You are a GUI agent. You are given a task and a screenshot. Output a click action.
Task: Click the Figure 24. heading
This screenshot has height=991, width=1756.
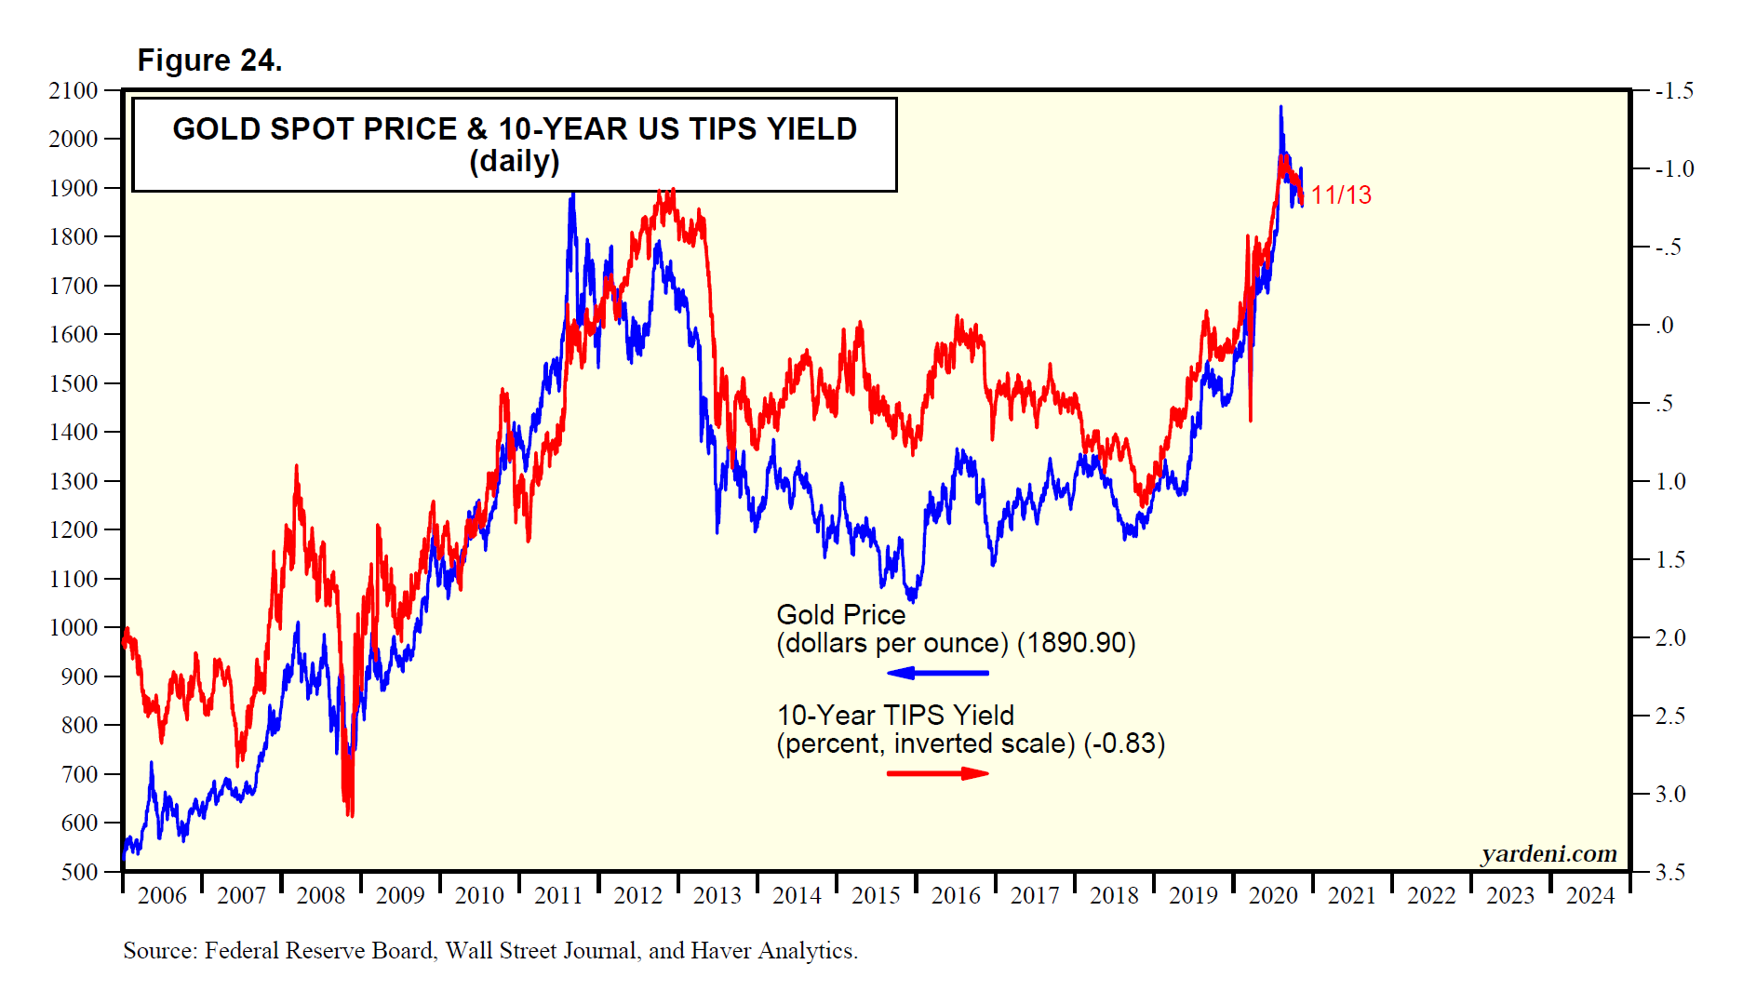click(209, 60)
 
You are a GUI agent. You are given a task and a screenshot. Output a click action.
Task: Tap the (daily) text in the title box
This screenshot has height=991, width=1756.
click(515, 162)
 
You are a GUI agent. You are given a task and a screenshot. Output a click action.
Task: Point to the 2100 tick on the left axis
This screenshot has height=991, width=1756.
click(74, 91)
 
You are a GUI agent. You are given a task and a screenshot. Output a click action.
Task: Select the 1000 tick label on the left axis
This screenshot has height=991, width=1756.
click(74, 628)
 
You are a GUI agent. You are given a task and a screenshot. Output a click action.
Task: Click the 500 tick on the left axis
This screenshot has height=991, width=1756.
click(79, 873)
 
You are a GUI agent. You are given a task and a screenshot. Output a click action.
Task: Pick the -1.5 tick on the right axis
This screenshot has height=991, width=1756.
click(1674, 91)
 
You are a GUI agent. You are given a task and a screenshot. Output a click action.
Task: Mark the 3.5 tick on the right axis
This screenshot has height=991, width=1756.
click(1670, 873)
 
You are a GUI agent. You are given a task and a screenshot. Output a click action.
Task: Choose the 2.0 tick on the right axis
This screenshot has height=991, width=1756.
click(1670, 638)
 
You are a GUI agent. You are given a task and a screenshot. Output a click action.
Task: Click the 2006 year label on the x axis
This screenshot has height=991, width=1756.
click(162, 896)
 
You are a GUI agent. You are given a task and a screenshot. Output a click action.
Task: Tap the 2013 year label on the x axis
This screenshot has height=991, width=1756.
click(717, 896)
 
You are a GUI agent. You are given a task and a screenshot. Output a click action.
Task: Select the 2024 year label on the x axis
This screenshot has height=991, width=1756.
click(1590, 896)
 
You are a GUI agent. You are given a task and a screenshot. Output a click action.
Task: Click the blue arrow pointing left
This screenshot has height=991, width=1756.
click(937, 673)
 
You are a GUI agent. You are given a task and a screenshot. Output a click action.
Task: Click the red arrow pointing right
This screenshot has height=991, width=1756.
click(937, 773)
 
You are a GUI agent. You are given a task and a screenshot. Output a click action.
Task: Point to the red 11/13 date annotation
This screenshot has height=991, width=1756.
click(1341, 195)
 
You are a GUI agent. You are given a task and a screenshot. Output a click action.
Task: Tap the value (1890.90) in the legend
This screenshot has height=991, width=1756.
click(1076, 644)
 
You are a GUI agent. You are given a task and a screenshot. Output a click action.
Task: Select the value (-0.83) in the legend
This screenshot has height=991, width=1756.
click(1124, 744)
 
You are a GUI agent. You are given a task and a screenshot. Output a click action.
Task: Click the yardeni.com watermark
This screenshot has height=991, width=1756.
click(1548, 854)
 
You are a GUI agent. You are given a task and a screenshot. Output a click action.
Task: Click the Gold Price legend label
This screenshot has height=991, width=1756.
click(840, 615)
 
